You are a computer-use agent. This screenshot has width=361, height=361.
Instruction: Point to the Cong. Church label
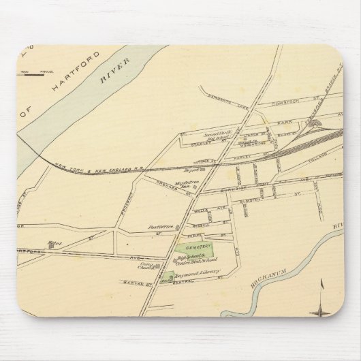(x=146, y=266)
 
